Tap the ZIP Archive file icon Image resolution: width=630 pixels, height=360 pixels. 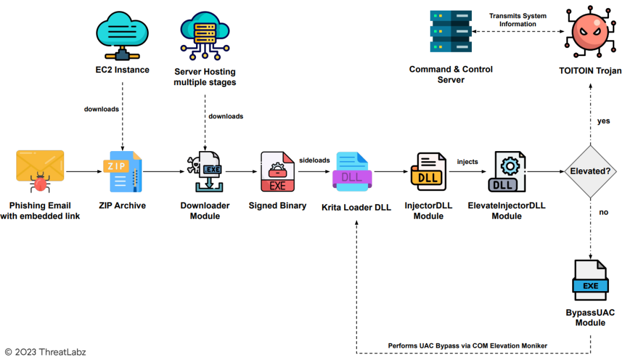click(x=123, y=172)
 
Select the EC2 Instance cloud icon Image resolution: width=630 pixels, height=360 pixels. click(x=122, y=34)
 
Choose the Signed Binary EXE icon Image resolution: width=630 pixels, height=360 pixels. click(x=278, y=172)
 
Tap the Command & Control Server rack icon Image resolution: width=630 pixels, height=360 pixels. click(x=450, y=32)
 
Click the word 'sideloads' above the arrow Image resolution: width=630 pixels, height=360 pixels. click(x=315, y=159)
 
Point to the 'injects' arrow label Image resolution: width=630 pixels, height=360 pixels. click(x=468, y=161)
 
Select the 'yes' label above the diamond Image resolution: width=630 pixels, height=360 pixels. click(x=604, y=121)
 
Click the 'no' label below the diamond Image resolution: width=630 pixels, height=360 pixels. click(x=604, y=212)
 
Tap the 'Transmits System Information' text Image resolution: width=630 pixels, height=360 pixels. click(x=517, y=20)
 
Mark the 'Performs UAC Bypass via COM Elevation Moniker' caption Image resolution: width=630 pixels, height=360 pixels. click(x=468, y=346)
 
